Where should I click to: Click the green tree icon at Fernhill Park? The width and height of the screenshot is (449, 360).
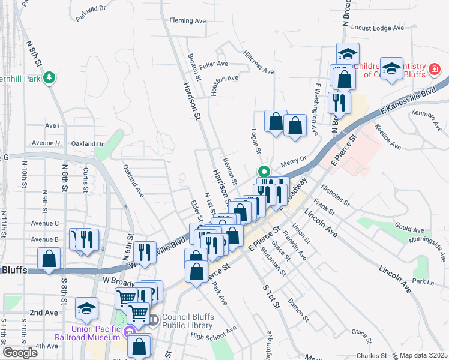click(x=49, y=77)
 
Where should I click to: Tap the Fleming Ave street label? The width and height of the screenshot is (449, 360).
click(x=187, y=20)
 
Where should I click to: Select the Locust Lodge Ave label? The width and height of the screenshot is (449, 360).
click(x=377, y=28)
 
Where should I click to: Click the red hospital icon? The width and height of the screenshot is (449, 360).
click(x=435, y=70)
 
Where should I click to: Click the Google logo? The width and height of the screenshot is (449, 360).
click(x=20, y=353)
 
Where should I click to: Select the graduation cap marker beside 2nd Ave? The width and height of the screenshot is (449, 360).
click(x=86, y=308)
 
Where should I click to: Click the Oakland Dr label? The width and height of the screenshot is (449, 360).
click(x=88, y=144)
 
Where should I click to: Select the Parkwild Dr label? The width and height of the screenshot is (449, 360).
click(x=91, y=13)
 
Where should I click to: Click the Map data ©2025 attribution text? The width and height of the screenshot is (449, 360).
click(x=424, y=355)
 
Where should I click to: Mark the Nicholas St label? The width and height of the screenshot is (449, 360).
click(x=335, y=195)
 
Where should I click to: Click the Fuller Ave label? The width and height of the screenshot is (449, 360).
click(x=214, y=64)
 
